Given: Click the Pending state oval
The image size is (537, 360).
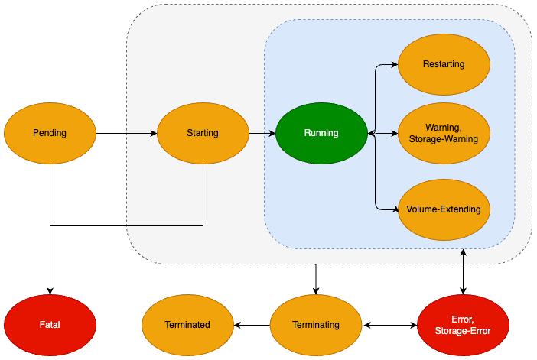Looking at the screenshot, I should (x=50, y=133).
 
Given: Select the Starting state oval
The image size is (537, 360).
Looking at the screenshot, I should (x=203, y=133).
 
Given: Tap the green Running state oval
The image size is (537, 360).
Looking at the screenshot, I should (x=321, y=133).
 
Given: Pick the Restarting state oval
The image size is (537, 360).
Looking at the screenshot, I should (x=444, y=65).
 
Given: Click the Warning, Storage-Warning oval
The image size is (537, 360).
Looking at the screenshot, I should (x=444, y=133).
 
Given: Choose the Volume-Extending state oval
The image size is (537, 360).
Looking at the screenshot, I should (x=444, y=209).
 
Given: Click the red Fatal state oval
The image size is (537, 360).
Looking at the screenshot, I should (x=50, y=325).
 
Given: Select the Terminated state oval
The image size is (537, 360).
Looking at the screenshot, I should (x=187, y=325).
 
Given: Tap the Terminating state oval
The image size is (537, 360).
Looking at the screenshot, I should (x=316, y=325).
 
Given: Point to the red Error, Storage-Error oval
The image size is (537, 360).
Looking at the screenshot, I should (x=463, y=325).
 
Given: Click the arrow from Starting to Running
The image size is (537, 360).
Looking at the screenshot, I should (x=262, y=133).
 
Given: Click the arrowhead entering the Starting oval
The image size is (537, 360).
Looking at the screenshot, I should (x=153, y=133).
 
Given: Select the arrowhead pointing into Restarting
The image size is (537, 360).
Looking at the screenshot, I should (x=394, y=65).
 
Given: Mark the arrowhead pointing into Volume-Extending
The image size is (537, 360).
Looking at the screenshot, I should (x=394, y=209).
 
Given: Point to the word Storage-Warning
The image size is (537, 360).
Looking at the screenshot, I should (x=444, y=139).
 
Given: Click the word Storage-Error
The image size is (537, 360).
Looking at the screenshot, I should (x=463, y=331).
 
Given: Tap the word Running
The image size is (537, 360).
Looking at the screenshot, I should (x=321, y=133).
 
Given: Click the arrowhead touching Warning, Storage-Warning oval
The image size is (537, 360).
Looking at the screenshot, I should (x=394, y=133).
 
